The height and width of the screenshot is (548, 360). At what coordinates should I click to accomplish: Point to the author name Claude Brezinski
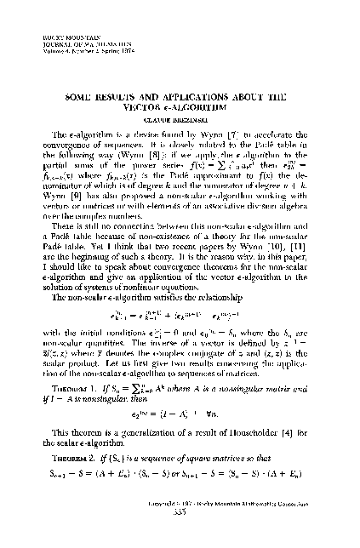point(180,121)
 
